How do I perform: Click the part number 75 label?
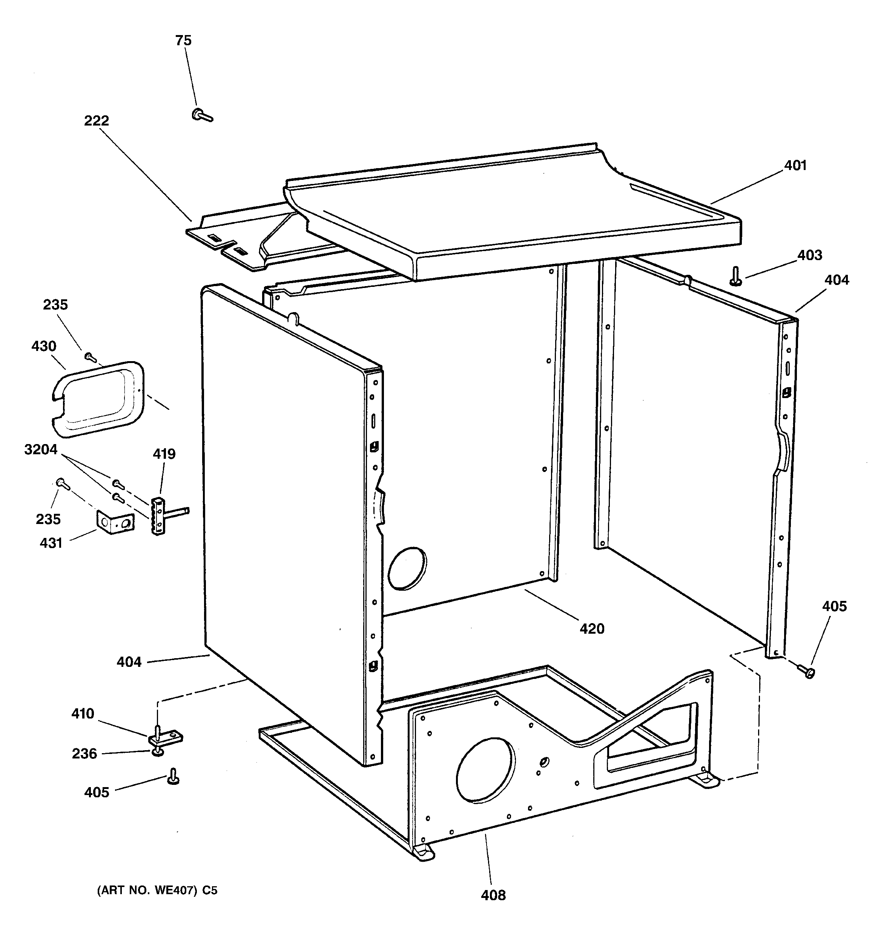183,41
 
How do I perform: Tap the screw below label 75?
202,115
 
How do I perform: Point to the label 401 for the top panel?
795,165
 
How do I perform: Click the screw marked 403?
736,276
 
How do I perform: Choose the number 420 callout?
592,628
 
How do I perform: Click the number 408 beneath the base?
493,895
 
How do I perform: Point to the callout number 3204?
41,450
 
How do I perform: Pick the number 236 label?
84,754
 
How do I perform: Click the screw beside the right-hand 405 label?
807,672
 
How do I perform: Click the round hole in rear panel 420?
407,568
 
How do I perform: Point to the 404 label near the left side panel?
129,662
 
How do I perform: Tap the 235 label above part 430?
55,305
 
